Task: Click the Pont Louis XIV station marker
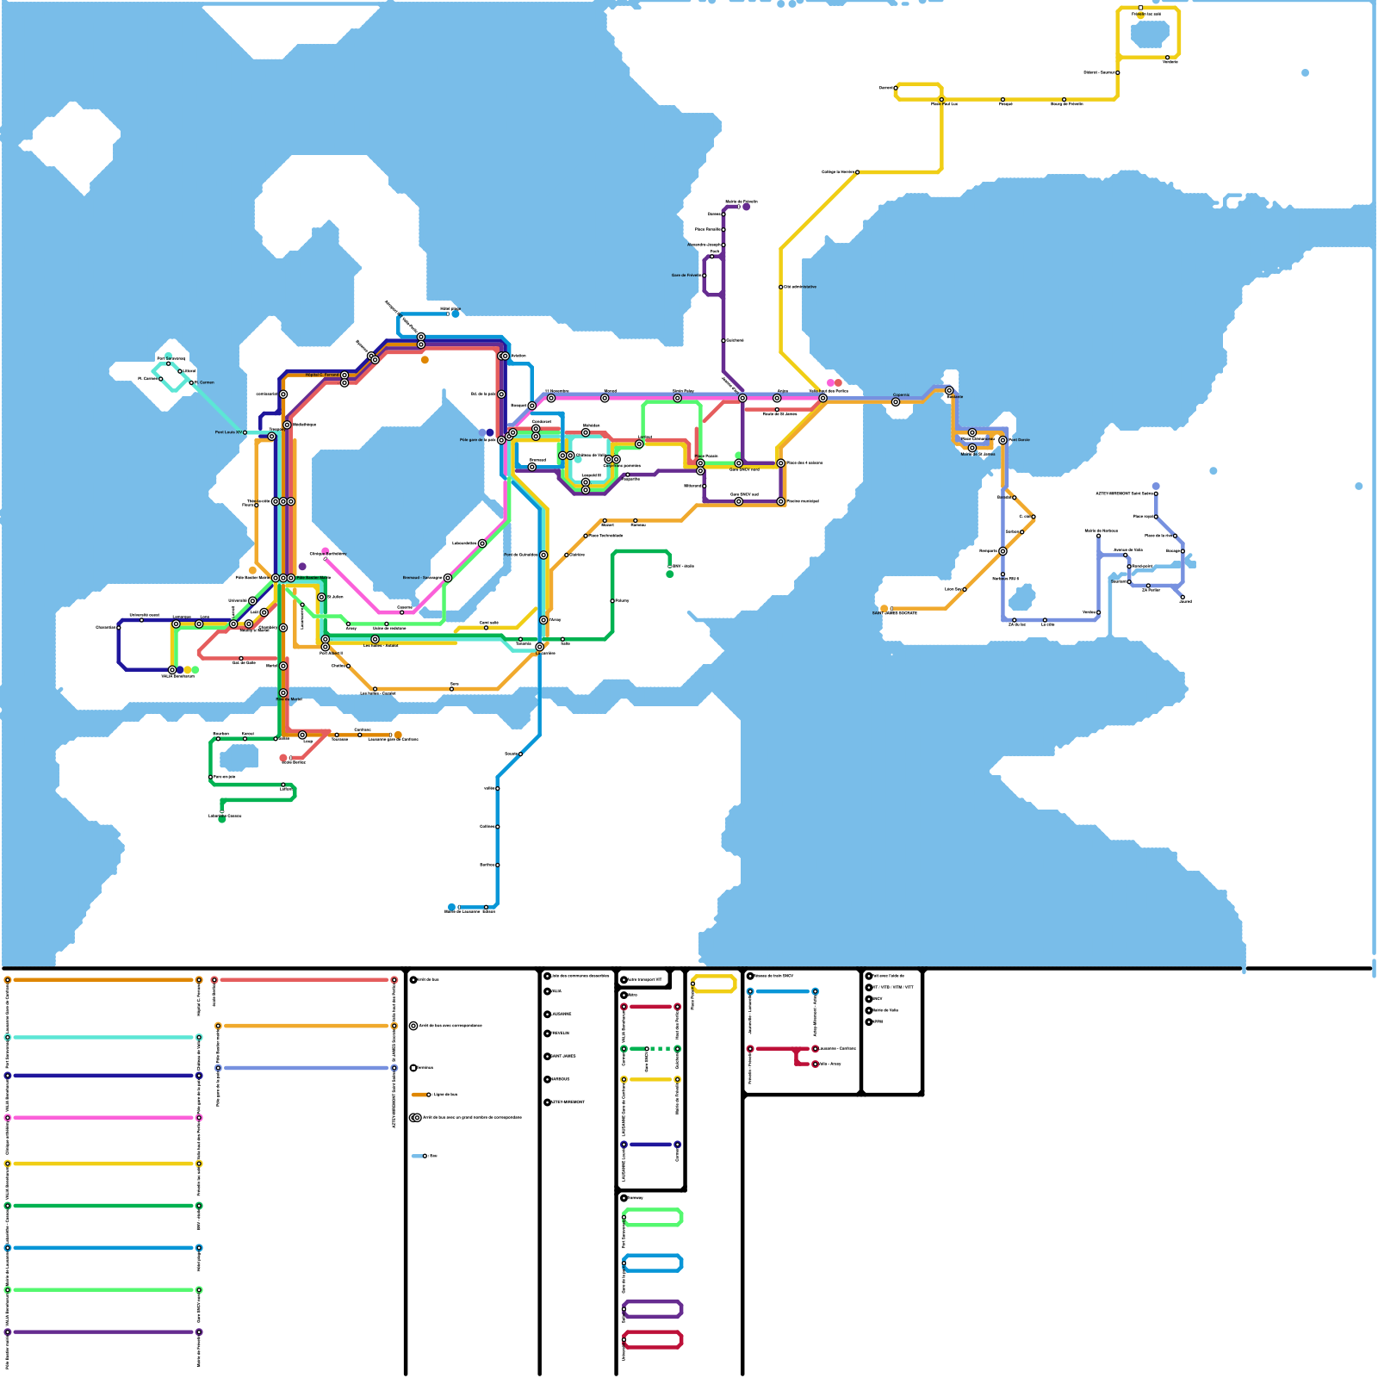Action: [x=245, y=432]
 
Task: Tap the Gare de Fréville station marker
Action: [x=705, y=276]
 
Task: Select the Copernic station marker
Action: [x=896, y=402]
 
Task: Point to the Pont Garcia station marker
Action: [x=1002, y=440]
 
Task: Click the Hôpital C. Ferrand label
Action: [x=322, y=375]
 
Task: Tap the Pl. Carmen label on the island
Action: [x=204, y=382]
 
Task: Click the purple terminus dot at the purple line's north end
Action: [x=746, y=207]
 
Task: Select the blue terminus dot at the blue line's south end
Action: [x=451, y=907]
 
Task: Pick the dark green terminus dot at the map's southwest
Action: [x=222, y=819]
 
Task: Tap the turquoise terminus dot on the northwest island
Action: [x=168, y=356]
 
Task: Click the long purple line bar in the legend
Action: [x=103, y=1332]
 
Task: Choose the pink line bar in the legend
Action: [x=103, y=1118]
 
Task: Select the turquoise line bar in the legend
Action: [x=103, y=1038]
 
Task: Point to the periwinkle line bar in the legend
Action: [x=306, y=1068]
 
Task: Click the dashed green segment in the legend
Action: [x=661, y=1049]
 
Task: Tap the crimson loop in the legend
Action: [x=652, y=1340]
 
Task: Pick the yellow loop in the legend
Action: [x=713, y=984]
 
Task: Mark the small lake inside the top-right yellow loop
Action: [x=1149, y=34]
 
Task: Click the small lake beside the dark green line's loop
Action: [x=239, y=758]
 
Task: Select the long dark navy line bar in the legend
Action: [x=103, y=1076]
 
